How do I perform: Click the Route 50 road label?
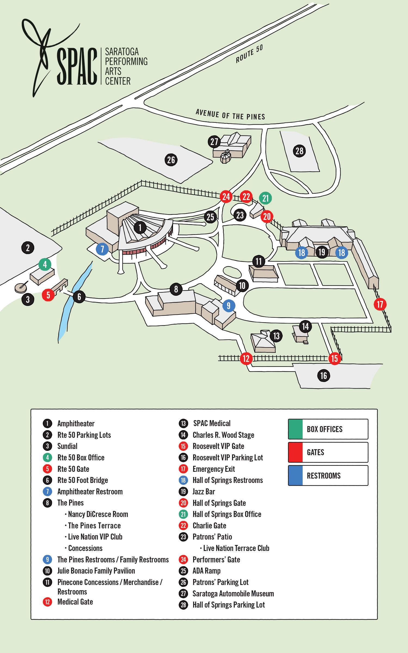click(x=249, y=54)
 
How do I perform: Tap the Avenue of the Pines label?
click(x=230, y=115)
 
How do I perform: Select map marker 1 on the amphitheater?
click(x=140, y=227)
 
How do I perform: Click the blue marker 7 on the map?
click(x=102, y=249)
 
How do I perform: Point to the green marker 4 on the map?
click(x=45, y=264)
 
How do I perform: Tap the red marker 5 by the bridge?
click(x=48, y=295)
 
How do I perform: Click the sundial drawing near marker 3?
click(x=20, y=287)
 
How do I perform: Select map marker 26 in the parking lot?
click(x=171, y=160)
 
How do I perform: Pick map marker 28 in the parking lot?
click(x=299, y=151)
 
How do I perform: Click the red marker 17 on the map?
click(x=380, y=304)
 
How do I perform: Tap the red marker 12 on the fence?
click(x=246, y=358)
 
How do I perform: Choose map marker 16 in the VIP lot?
click(x=323, y=376)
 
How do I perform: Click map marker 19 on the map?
click(x=322, y=252)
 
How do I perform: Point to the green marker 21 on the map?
click(x=265, y=198)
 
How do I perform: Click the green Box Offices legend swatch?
click(x=295, y=429)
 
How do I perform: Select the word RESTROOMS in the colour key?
click(x=324, y=476)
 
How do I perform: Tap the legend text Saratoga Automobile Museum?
click(x=233, y=593)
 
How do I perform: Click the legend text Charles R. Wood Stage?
click(x=223, y=435)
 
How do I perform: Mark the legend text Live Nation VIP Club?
click(x=95, y=537)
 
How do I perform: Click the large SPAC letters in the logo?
click(x=77, y=66)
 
